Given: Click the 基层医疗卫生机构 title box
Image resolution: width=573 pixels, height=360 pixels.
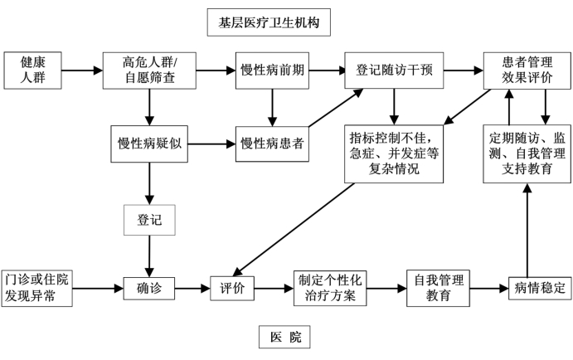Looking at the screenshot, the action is (269, 22).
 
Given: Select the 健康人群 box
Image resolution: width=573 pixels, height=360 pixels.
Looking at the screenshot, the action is (32, 71).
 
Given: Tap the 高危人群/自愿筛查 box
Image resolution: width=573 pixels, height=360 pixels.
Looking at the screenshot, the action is (149, 71).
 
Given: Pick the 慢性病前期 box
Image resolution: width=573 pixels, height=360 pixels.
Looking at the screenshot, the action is (272, 71).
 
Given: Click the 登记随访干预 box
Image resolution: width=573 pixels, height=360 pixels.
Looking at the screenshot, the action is (394, 71).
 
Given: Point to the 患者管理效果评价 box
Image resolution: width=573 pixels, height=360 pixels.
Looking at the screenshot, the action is (527, 71).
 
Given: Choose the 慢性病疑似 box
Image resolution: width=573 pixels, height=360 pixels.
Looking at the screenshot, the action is (149, 144).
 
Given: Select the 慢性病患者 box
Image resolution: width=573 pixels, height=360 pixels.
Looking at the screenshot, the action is (272, 144).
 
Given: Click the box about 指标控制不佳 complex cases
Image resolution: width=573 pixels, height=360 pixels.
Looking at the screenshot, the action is (394, 153).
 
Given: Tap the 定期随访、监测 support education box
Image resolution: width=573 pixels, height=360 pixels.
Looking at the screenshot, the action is (527, 153).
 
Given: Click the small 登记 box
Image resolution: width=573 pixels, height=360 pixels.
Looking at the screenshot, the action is (149, 220).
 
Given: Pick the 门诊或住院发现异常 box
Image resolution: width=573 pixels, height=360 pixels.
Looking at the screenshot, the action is (37, 289).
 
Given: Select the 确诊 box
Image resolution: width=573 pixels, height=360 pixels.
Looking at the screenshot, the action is (149, 289).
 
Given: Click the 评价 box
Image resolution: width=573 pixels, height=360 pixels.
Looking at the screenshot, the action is (232, 289).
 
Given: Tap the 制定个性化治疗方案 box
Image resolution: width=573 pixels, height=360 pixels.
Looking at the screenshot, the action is (330, 289).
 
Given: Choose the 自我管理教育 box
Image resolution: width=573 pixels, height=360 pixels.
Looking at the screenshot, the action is (438, 289).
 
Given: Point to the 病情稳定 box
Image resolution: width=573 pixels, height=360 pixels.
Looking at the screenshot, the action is (540, 289).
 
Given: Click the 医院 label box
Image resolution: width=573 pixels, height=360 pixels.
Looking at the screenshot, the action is (284, 337).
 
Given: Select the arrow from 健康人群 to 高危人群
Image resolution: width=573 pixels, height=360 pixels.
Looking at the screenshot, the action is (82, 71).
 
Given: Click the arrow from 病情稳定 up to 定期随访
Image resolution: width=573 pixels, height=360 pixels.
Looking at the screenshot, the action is (527, 231).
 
